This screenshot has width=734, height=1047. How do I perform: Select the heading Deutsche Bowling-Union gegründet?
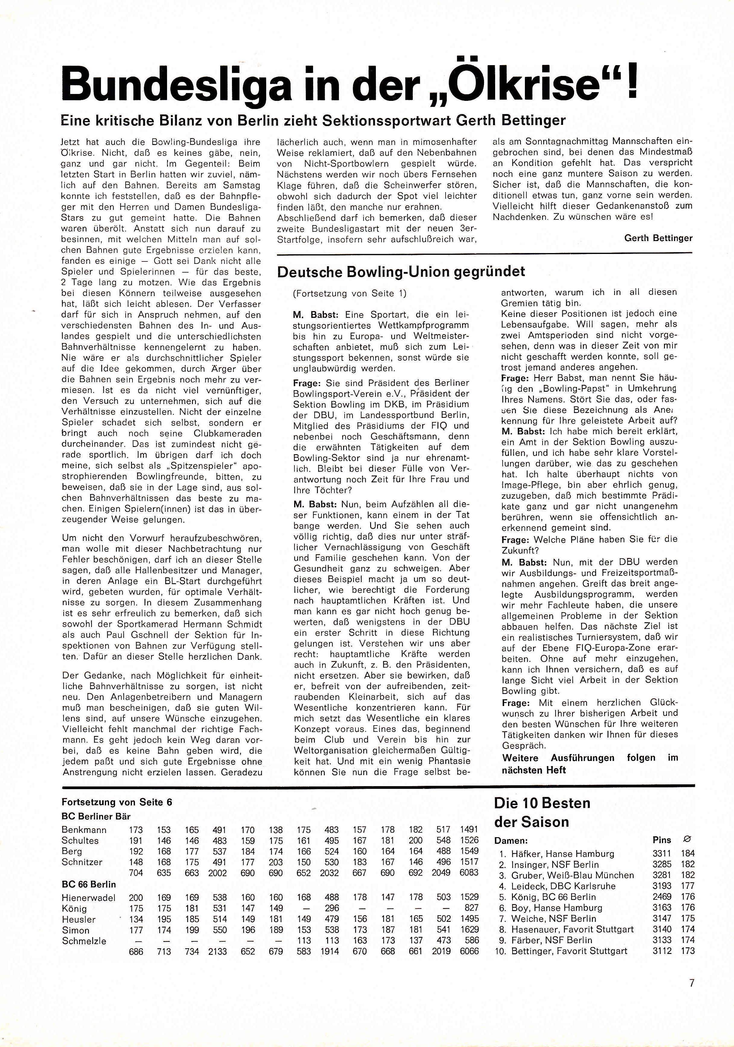(x=401, y=272)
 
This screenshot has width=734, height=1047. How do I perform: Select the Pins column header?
(x=662, y=840)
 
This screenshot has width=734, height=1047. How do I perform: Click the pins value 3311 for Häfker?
(x=662, y=853)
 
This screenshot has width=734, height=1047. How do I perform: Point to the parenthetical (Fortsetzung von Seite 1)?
(x=350, y=293)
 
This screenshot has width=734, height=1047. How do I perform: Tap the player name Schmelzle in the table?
(x=84, y=941)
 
